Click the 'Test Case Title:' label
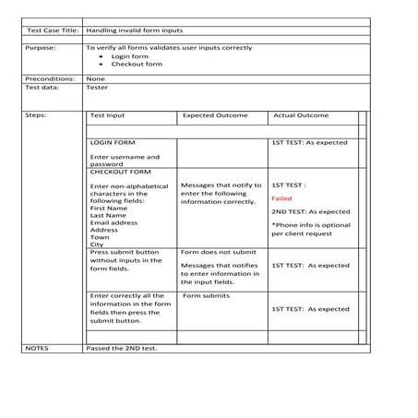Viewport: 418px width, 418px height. (50, 30)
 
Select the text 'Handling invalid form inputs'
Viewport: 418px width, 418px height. (125, 30)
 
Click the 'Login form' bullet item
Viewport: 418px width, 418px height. (128, 56)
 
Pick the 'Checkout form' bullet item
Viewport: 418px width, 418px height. (137, 65)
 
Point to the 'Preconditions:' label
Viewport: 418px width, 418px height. (49, 79)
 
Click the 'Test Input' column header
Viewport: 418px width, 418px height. (108, 115)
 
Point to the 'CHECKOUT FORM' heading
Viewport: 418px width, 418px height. (120, 172)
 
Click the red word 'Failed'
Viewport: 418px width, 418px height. (282, 198)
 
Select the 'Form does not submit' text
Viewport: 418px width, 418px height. (218, 251)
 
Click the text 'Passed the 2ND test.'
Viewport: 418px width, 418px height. (121, 348)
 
